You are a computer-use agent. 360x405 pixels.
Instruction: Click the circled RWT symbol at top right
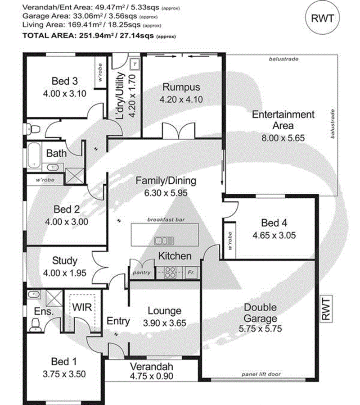click(322, 18)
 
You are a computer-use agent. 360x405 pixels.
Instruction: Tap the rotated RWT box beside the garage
click(326, 309)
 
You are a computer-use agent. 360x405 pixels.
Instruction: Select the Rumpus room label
click(181, 87)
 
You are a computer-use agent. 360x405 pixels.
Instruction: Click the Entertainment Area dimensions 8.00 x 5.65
click(283, 138)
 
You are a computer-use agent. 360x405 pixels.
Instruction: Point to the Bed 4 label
click(274, 223)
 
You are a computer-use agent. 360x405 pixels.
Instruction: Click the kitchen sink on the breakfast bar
click(164, 241)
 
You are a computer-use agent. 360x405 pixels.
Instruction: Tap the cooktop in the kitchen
click(170, 272)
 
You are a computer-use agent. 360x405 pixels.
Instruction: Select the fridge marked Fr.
click(191, 272)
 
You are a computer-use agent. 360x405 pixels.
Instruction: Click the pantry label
click(141, 273)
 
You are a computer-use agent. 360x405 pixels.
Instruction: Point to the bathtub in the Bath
click(34, 155)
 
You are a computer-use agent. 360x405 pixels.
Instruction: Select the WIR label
click(82, 307)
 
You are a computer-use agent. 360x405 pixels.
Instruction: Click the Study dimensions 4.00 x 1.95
click(64, 273)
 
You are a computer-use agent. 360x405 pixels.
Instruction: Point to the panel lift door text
click(261, 374)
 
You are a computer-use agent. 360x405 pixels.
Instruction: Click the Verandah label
click(152, 367)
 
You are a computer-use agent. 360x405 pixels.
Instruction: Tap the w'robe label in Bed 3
click(100, 73)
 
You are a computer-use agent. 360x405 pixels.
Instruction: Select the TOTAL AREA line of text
click(99, 36)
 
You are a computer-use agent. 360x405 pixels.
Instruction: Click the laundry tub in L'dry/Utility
click(135, 64)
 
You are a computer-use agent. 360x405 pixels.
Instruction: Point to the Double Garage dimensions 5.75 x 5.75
click(260, 328)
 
